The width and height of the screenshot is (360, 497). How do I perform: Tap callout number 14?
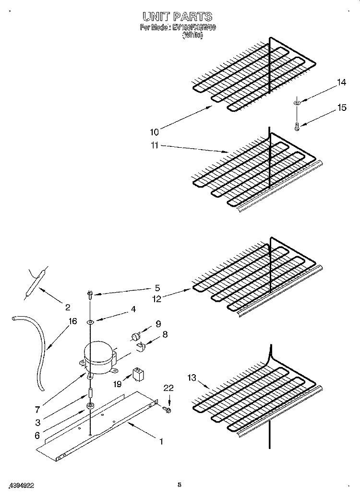(x=341, y=83)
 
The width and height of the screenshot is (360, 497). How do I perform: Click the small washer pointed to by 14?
(x=297, y=102)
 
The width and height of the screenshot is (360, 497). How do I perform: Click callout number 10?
(x=155, y=130)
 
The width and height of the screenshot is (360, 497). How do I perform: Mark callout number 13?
(x=192, y=379)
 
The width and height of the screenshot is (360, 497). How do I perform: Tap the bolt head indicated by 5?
(x=89, y=293)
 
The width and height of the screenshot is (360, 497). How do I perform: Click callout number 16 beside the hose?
(x=72, y=321)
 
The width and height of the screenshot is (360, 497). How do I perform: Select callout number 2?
(x=67, y=307)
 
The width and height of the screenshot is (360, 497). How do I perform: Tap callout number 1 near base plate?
(x=161, y=441)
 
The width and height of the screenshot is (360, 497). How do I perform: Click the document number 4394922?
(x=21, y=485)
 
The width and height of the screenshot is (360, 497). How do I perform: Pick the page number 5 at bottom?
(x=179, y=485)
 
